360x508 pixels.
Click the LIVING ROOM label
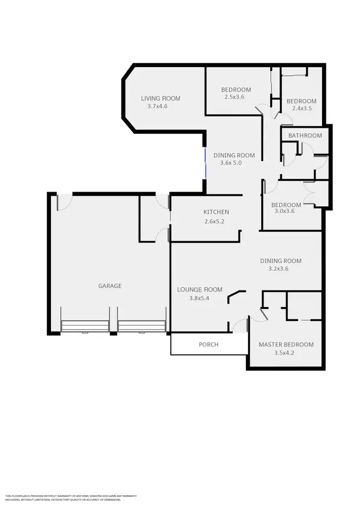coord(160,98)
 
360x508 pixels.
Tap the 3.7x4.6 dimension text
coord(157,106)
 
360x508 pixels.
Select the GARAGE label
coord(110,285)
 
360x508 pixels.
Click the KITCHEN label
coord(216,212)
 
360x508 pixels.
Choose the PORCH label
coord(209,344)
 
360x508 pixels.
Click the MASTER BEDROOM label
coord(286,344)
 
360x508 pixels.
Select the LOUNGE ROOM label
coord(200,289)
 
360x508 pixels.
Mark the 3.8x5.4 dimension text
coord(200,298)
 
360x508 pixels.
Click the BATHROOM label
coord(305,135)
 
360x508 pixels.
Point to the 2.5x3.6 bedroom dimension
coord(234,97)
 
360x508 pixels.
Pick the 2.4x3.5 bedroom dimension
coord(301,108)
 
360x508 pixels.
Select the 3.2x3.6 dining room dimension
coord(280,269)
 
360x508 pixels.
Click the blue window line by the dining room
coord(205,164)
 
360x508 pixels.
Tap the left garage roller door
coord(85,327)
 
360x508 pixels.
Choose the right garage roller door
coord(142,327)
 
